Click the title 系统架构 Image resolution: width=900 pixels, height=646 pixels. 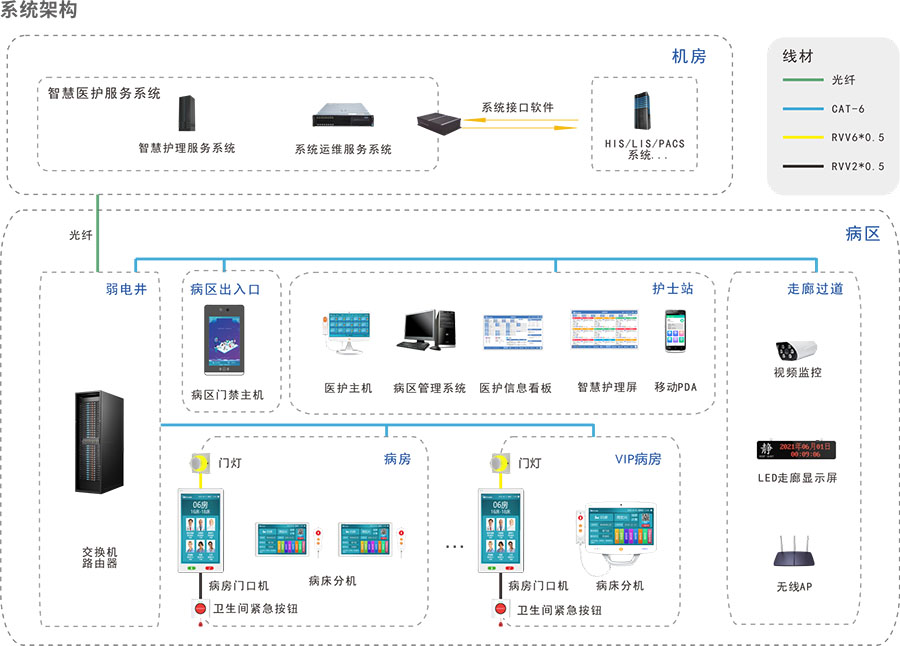pyautogui.click(x=38, y=11)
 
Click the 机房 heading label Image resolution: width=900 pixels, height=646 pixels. pyautogui.click(x=689, y=57)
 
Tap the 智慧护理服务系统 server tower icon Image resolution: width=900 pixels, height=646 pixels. pyautogui.click(x=186, y=115)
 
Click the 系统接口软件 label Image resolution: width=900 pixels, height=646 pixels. pyautogui.click(x=517, y=107)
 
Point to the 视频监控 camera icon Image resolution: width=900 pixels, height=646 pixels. pyautogui.click(x=796, y=349)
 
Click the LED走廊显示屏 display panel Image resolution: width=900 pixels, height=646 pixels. pyautogui.click(x=796, y=451)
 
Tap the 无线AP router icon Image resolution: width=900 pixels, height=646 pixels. pyautogui.click(x=796, y=555)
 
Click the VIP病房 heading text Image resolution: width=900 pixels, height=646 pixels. pyautogui.click(x=638, y=459)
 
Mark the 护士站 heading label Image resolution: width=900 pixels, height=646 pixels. pyautogui.click(x=672, y=289)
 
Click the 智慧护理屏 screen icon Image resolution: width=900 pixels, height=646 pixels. pyautogui.click(x=603, y=329)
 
